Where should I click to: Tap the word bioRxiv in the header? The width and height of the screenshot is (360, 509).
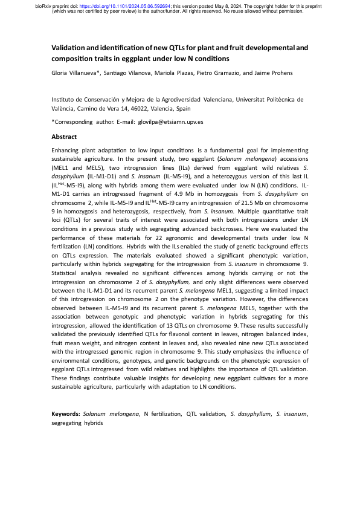coord(45,6)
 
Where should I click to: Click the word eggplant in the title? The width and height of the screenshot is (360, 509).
coord(156,58)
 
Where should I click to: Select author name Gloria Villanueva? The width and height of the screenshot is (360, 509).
coord(76,73)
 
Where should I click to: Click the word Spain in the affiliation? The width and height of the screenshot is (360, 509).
coord(181,109)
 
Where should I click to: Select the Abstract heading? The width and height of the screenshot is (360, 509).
coord(64,137)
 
